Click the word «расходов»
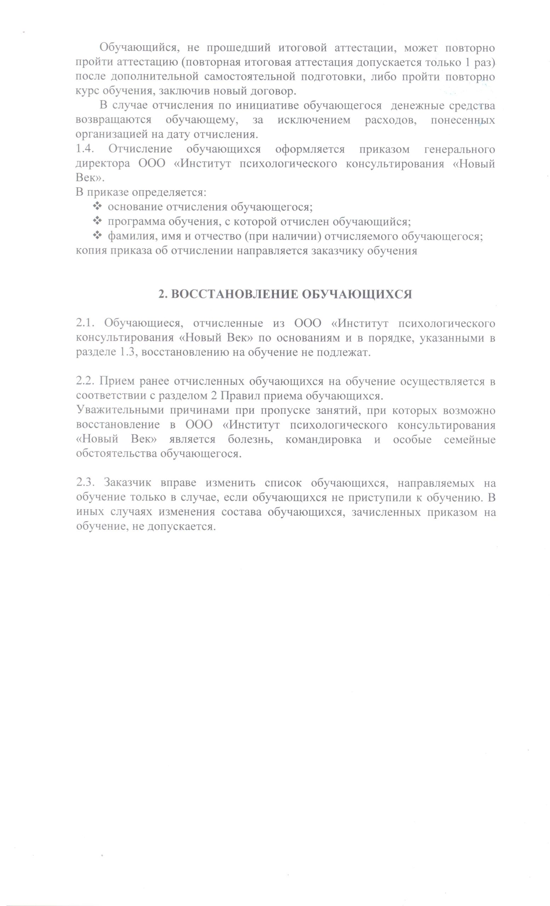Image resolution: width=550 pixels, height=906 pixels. coord(390,120)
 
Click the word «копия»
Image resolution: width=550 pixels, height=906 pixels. coord(89,251)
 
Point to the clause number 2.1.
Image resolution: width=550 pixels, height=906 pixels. coord(86,323)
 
